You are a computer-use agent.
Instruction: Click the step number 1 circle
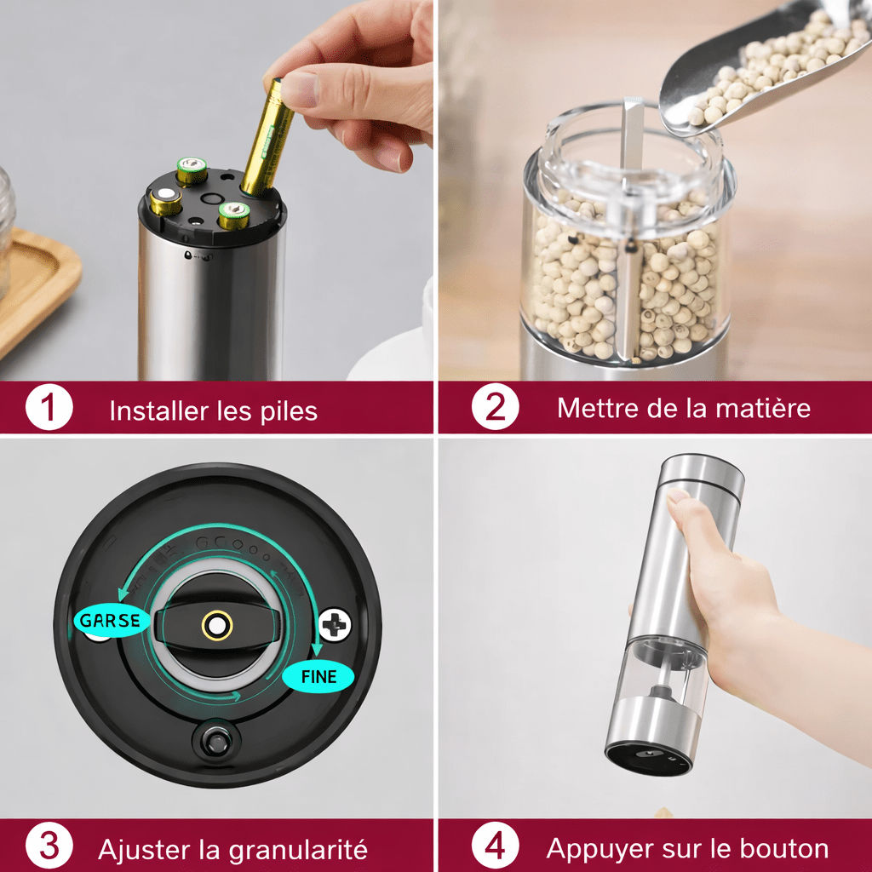[x=49, y=407]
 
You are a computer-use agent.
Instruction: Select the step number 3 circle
[x=49, y=846]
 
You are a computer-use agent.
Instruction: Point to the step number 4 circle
[x=495, y=846]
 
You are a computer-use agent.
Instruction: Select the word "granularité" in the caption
[x=297, y=851]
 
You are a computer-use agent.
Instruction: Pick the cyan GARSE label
[x=112, y=620]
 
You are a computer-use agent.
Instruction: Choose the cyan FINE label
[x=318, y=677]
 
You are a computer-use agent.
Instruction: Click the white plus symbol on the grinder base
[x=334, y=624]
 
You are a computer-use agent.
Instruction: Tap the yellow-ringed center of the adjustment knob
[x=217, y=626]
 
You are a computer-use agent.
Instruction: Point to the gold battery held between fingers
[x=267, y=137]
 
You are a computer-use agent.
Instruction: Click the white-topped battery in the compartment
[x=165, y=201]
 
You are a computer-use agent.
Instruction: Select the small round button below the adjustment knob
[x=217, y=740]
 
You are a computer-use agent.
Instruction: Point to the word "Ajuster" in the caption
[x=145, y=851]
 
